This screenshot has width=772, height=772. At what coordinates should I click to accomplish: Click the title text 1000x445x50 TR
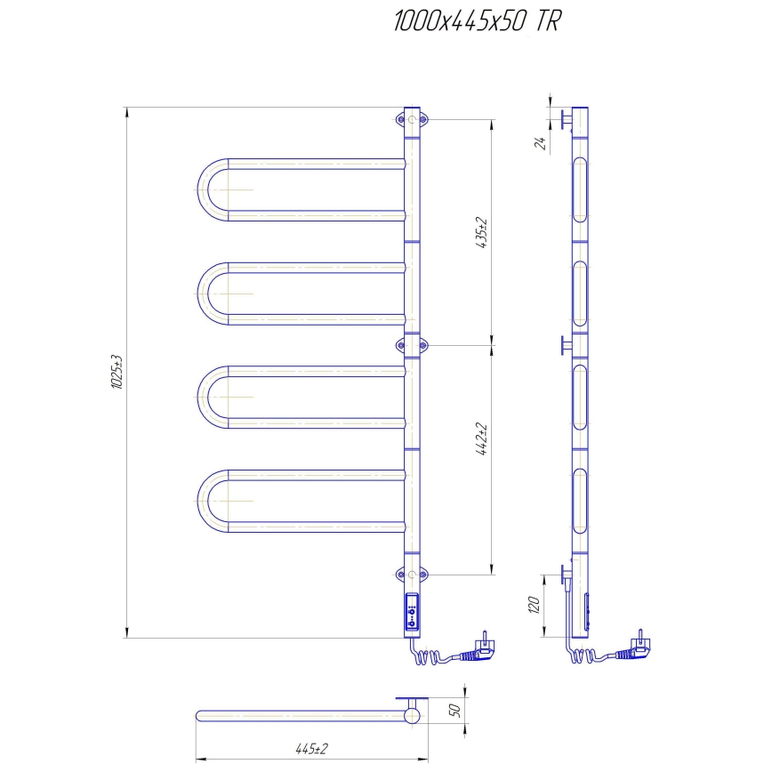(x=477, y=24)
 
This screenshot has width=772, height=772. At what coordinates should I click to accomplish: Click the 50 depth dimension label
(x=454, y=711)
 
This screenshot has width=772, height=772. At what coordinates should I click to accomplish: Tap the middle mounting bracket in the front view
(x=412, y=343)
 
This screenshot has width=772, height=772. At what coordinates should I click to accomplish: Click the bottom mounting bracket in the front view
(x=412, y=574)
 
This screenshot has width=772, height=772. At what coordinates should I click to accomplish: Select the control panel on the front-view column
(x=412, y=613)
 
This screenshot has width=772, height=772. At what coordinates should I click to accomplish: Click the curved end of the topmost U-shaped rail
(x=205, y=189)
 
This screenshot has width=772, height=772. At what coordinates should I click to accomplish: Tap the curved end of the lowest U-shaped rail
(x=205, y=500)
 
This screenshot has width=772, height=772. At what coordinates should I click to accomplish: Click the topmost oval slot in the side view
(x=580, y=189)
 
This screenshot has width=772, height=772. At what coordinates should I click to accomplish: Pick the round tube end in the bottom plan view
(x=411, y=715)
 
